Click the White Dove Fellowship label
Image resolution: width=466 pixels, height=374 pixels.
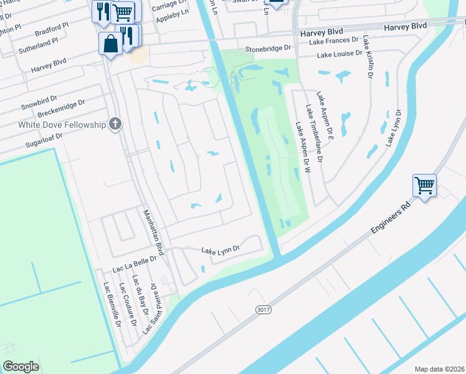tap(53, 125)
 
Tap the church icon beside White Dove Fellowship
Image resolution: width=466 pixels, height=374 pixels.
tap(114, 124)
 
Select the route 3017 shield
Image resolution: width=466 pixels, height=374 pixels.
tap(263, 309)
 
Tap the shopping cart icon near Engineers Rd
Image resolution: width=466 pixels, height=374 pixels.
tap(424, 185)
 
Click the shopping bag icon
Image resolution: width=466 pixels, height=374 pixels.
tap(110, 44)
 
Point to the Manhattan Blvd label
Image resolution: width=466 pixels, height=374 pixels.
tap(153, 232)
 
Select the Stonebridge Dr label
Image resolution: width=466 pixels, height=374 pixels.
tap(268, 47)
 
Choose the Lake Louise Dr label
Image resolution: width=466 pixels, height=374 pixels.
tap(340, 55)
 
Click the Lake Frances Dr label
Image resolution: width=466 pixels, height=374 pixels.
tap(334, 39)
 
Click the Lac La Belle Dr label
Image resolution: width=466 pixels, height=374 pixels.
tap(133, 266)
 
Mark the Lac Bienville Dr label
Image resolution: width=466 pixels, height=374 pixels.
tap(112, 304)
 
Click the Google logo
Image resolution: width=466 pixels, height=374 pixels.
tap(21, 367)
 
